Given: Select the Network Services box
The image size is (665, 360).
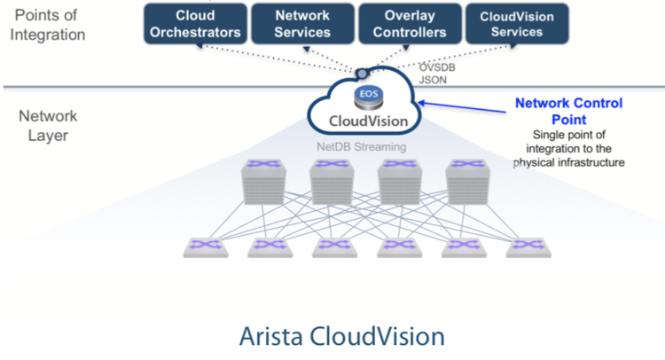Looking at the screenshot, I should (x=302, y=23).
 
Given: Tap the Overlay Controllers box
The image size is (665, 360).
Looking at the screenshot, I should (x=410, y=23).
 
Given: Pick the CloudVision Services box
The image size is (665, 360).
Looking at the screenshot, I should (x=517, y=23).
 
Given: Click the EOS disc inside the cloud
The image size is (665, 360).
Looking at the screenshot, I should (x=366, y=93).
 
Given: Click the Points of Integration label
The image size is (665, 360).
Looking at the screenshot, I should (x=51, y=25).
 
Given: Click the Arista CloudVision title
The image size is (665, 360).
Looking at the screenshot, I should (x=340, y=337).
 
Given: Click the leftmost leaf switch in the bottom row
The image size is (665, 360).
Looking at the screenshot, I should (x=206, y=246).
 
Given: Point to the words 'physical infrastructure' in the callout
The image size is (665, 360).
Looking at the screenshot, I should (x=569, y=163).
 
